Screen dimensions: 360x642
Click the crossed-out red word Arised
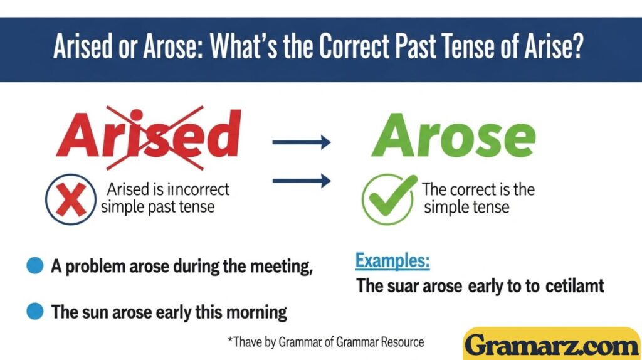pyautogui.click(x=148, y=137)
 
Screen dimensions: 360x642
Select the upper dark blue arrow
pyautogui.click(x=301, y=142)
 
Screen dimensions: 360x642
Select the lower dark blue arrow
pyautogui.click(x=301, y=182)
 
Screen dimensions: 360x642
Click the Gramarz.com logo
pyautogui.click(x=552, y=344)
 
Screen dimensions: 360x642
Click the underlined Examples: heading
pyautogui.click(x=392, y=261)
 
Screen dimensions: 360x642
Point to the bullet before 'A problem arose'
pyautogui.click(x=35, y=266)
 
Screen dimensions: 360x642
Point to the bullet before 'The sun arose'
pyautogui.click(x=35, y=310)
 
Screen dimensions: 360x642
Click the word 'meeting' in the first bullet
pyautogui.click(x=280, y=267)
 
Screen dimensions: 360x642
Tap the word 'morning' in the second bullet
pyautogui.click(x=256, y=312)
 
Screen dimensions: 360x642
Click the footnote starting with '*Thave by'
pyautogui.click(x=325, y=342)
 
